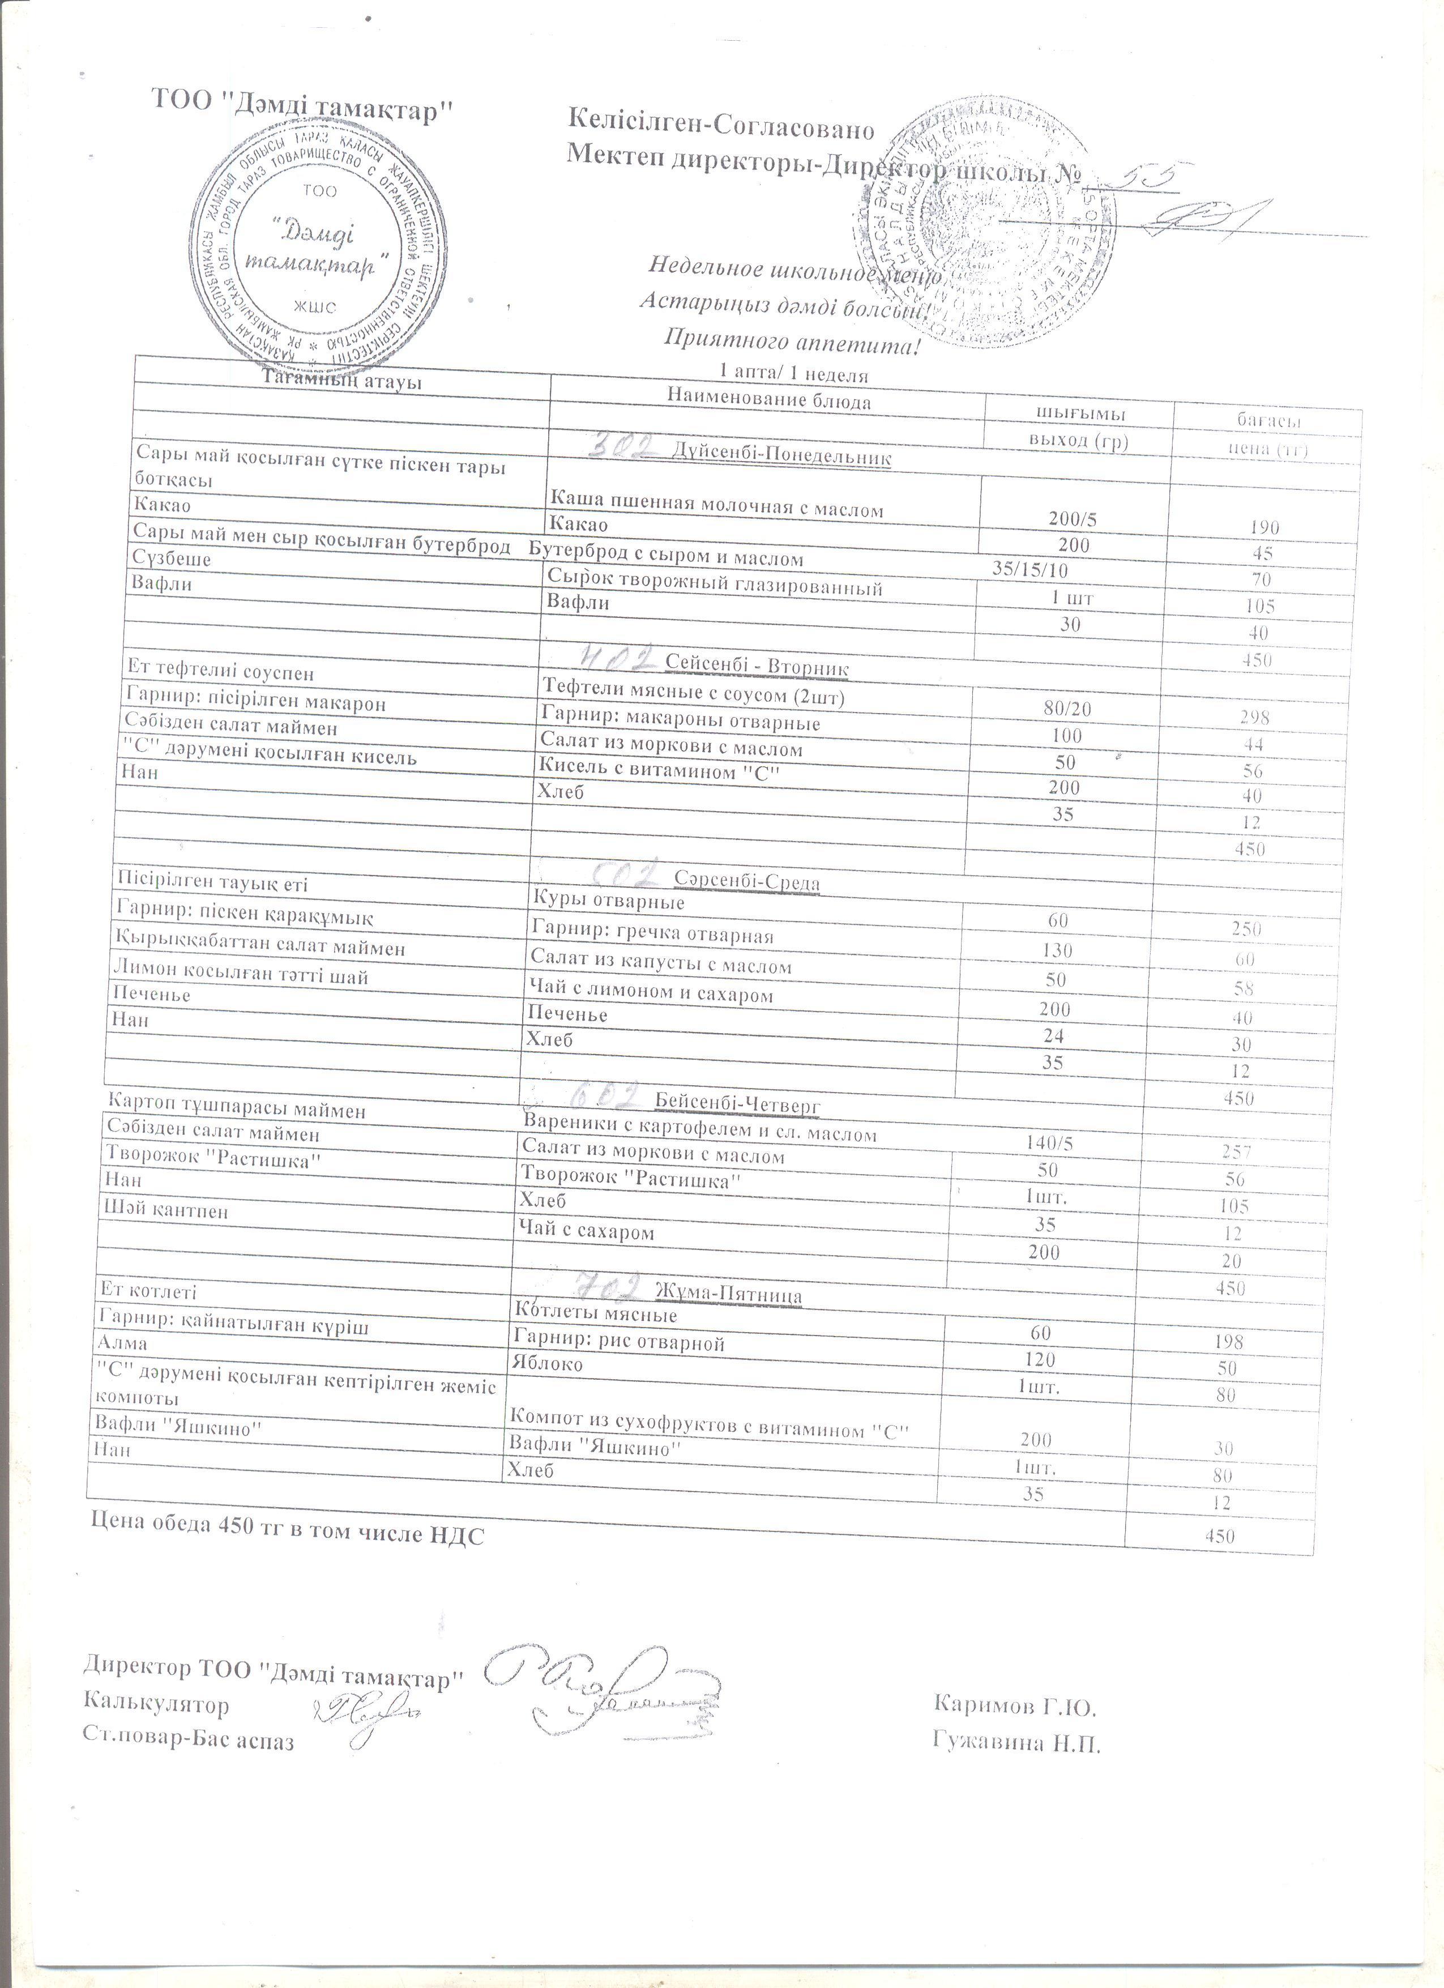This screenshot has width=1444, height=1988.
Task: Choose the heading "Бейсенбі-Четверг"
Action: tap(737, 1103)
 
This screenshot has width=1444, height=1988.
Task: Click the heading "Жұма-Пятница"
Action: tap(729, 1294)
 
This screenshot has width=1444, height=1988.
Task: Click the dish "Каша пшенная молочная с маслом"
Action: tap(716, 509)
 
